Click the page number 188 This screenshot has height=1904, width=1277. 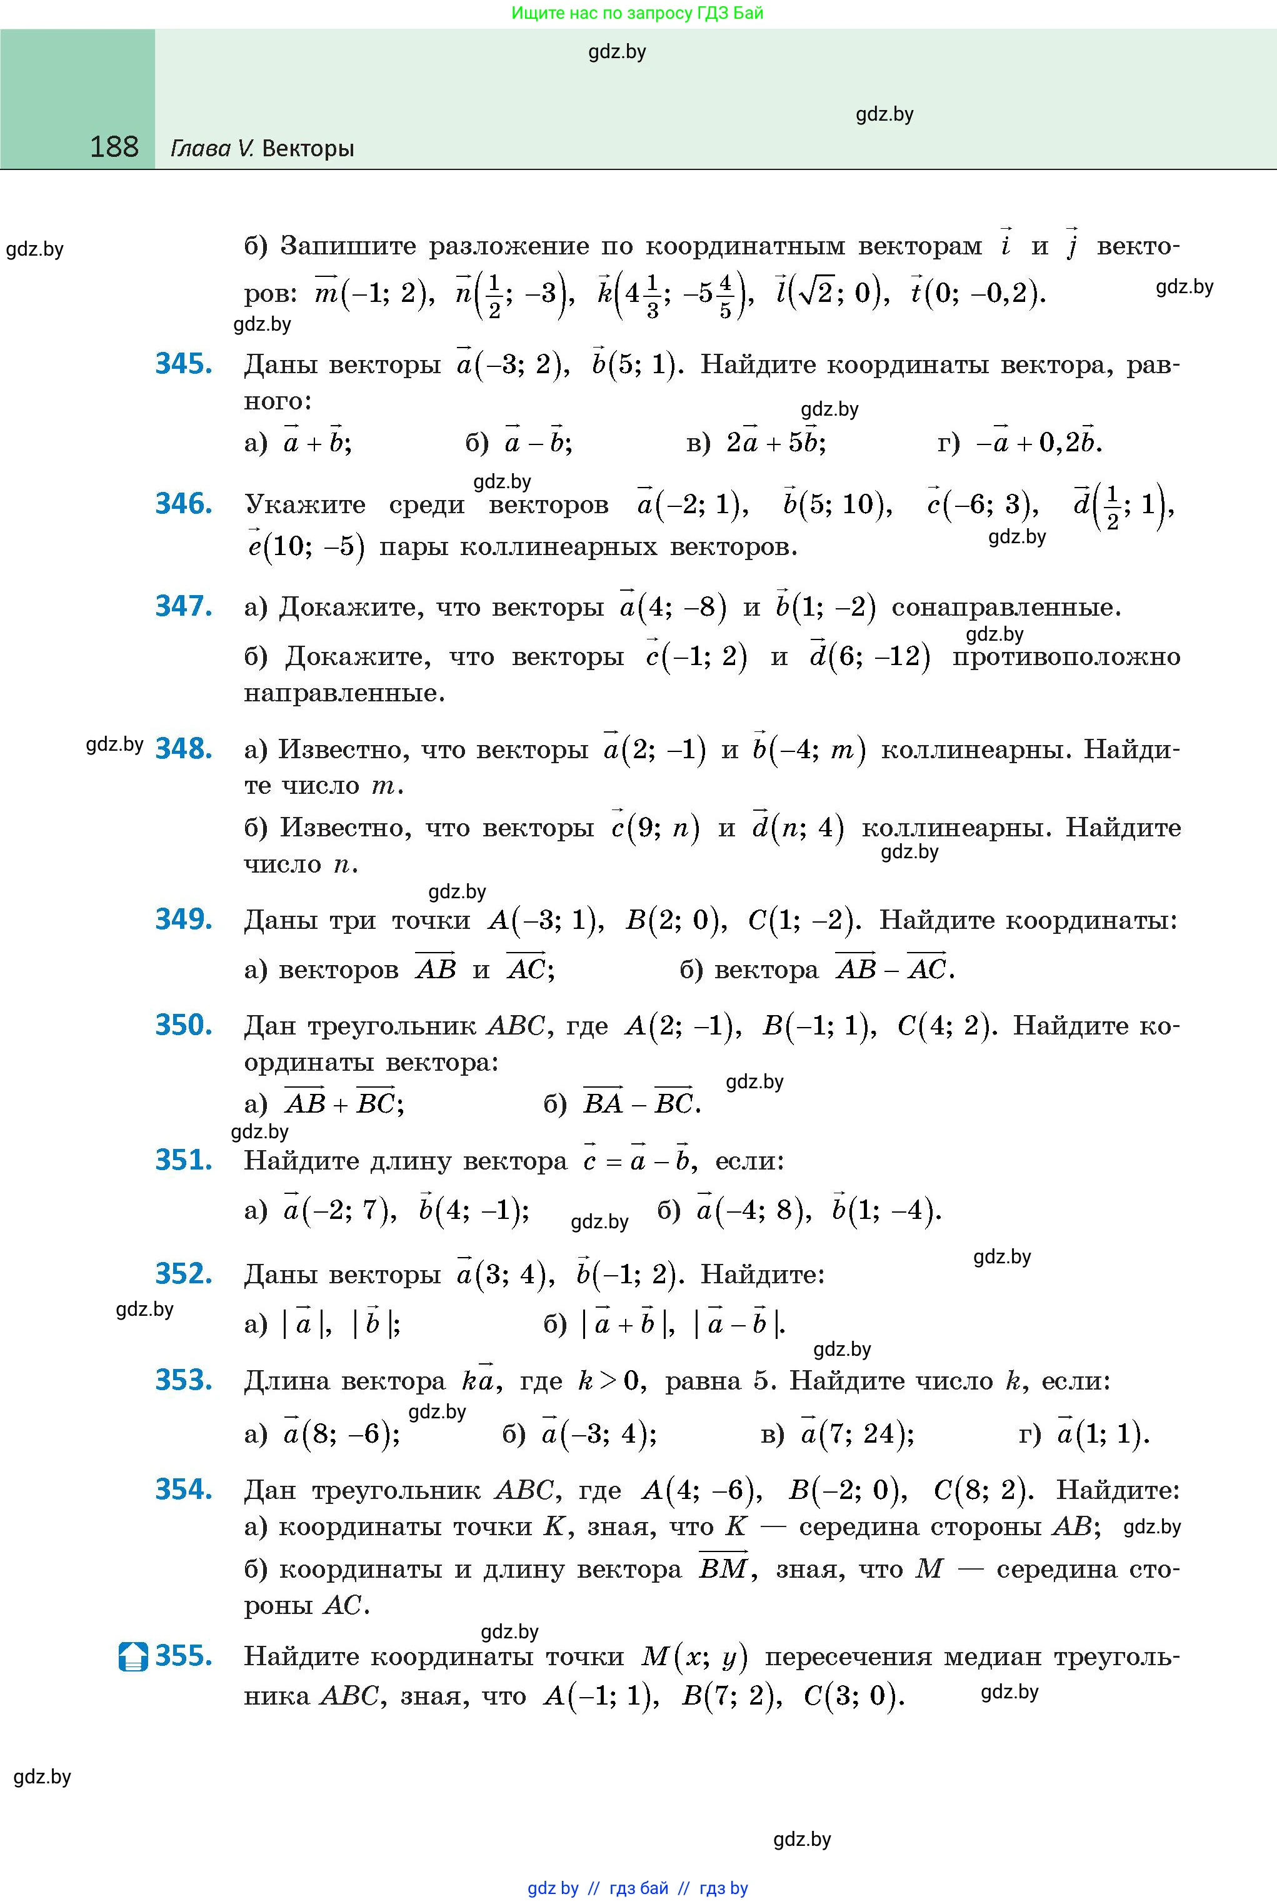point(114,147)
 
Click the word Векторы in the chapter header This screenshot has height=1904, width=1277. point(309,149)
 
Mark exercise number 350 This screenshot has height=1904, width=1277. point(184,1025)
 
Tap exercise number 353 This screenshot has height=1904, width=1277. point(184,1380)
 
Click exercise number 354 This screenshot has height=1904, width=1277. point(184,1489)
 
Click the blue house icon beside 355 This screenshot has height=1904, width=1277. point(133,1656)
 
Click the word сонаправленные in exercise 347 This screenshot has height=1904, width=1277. point(1006,608)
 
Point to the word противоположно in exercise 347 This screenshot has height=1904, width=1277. point(1066,656)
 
